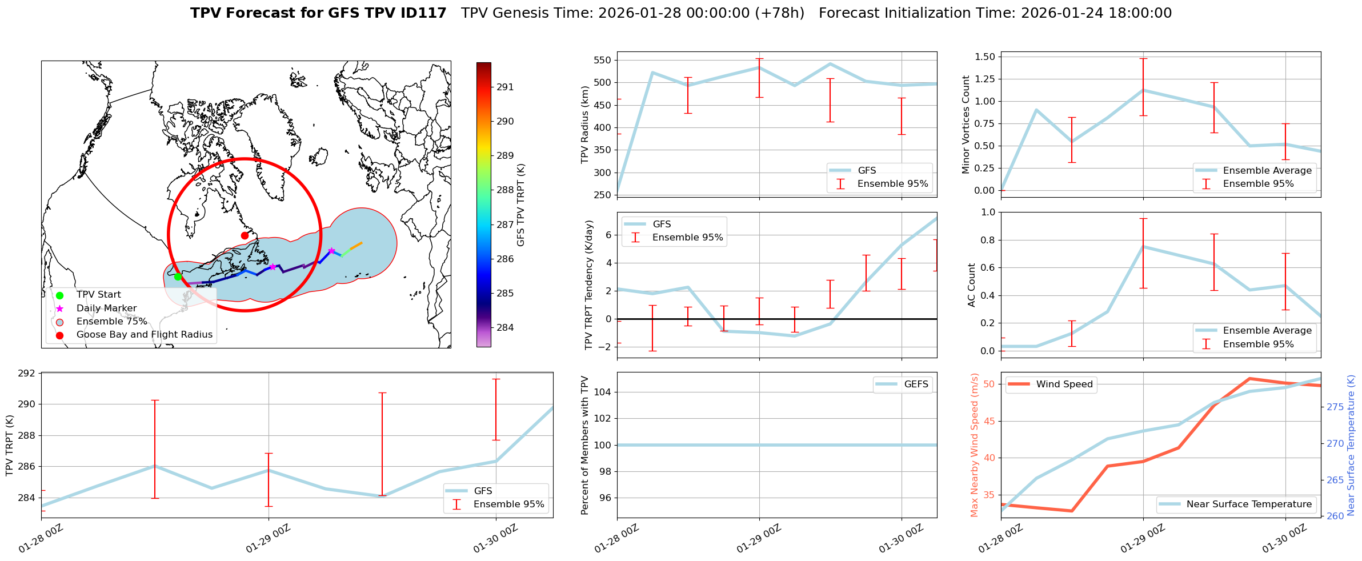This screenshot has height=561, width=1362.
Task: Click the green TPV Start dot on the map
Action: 178,277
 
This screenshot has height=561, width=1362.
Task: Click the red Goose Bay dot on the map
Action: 245,235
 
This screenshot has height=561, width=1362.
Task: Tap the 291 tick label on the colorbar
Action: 505,87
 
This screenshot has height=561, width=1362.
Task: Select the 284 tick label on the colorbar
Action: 505,327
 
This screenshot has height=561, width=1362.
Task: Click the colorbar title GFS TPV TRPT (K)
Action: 520,205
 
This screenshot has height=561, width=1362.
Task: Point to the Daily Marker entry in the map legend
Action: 106,308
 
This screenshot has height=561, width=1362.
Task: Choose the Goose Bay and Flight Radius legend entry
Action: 144,334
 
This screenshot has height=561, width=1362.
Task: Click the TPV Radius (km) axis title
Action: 584,125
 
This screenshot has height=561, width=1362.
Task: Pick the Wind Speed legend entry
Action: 1064,384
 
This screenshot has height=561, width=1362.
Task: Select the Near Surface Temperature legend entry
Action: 1249,504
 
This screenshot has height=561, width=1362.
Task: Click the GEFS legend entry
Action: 916,384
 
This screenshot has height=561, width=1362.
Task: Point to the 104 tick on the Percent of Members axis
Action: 604,392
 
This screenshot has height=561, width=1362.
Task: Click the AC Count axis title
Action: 971,284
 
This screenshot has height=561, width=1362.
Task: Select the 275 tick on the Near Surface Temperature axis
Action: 1335,407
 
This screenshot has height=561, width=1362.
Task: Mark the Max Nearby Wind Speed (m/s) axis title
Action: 975,444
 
